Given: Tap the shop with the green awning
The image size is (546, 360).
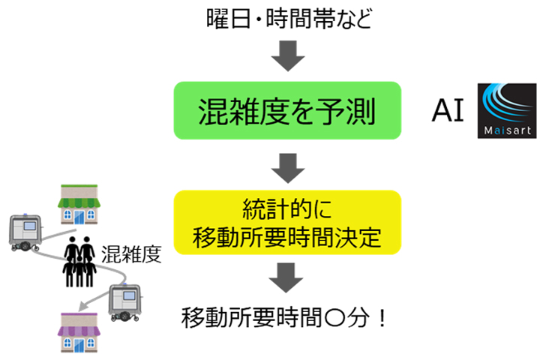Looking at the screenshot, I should point(80,203).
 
